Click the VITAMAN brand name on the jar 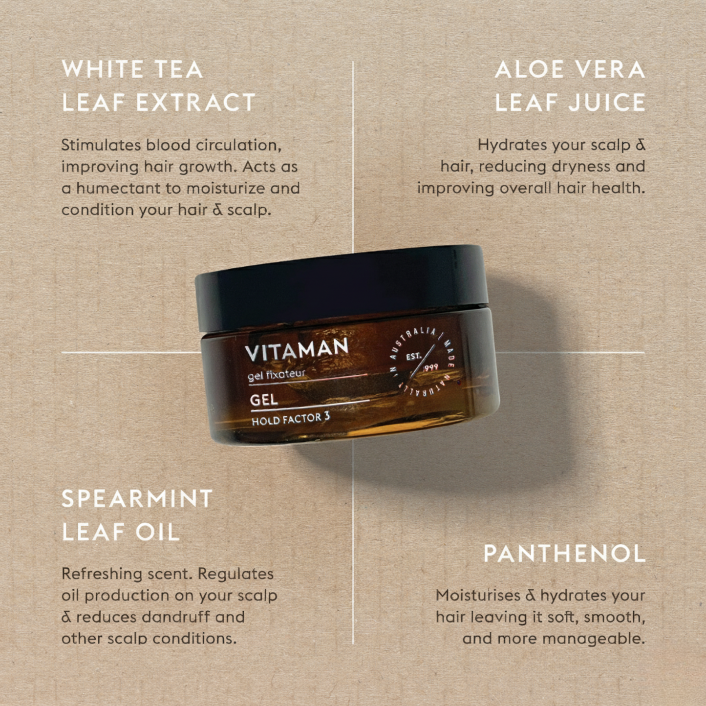[297, 349]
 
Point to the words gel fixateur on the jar [277, 375]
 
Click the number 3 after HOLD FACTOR [327, 417]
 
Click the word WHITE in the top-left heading [103, 69]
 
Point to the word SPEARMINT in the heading [137, 498]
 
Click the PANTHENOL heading [564, 553]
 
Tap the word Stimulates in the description [101, 145]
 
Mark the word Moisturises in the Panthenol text [478, 595]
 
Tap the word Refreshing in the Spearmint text [101, 574]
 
